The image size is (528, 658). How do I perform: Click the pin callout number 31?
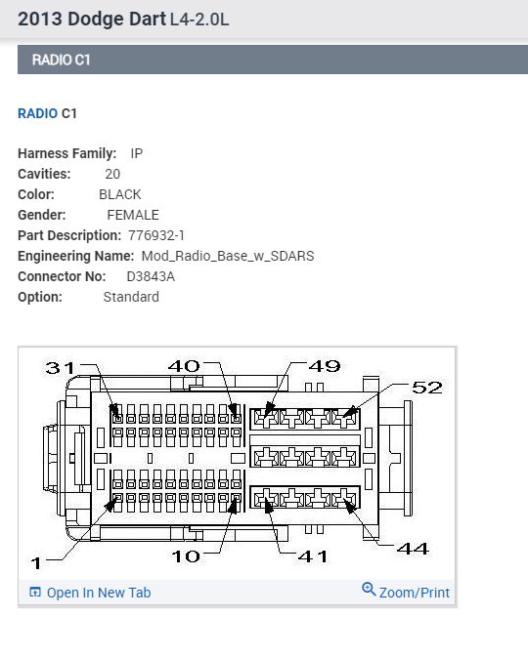pos(60,368)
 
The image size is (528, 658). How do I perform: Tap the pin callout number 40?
pos(184,366)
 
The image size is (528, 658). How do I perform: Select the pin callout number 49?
pos(325,366)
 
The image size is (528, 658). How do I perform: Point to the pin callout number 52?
pos(427,388)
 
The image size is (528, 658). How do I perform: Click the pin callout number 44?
pos(413,549)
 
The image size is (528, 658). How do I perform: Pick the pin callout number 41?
pos(312,556)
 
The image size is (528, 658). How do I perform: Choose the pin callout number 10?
pos(186,556)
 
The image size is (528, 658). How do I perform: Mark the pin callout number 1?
pos(36,563)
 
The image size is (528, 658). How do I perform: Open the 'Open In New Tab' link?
pos(99,593)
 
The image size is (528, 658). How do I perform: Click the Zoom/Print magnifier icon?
pos(369,590)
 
